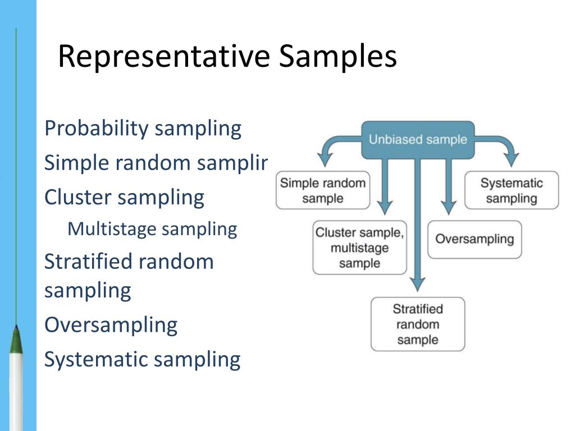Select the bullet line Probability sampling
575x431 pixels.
[143, 129]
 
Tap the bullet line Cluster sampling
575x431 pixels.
[124, 198]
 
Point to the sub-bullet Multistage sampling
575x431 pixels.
[152, 229]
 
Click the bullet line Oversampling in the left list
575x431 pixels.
[111, 325]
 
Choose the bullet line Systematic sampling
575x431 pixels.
[142, 359]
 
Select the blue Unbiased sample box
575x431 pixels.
[418, 139]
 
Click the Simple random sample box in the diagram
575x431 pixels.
[323, 190]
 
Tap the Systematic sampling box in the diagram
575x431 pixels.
[512, 190]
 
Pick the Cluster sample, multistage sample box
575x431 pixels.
[359, 247]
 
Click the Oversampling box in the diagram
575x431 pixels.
[474, 239]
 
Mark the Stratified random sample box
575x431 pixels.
[418, 324]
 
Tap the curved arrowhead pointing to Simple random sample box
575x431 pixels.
[325, 159]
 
